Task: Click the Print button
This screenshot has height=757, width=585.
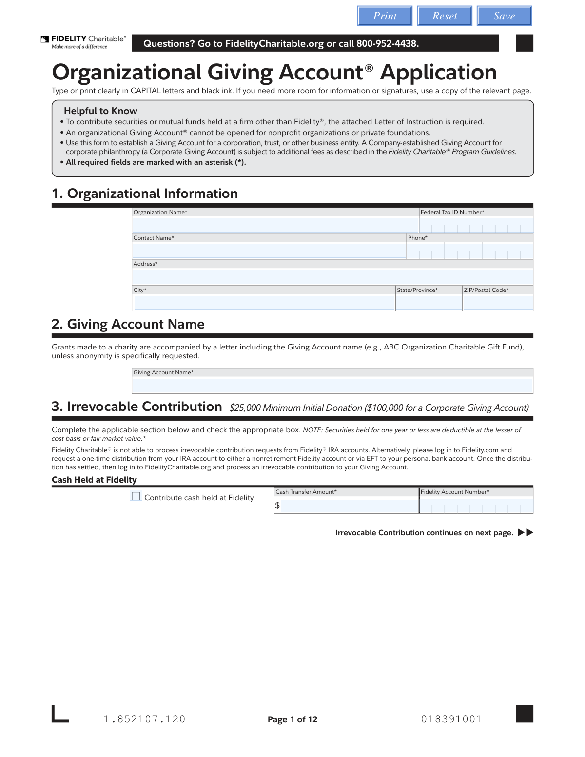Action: coord(385,16)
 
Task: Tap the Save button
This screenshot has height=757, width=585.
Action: coord(504,16)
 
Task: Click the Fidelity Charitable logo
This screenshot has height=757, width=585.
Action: coord(83,42)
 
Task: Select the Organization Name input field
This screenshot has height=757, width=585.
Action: coord(275,225)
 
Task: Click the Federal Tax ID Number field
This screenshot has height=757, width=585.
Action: coord(476,225)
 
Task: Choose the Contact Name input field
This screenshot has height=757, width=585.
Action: coord(269,251)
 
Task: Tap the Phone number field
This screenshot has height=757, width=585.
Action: coord(469,251)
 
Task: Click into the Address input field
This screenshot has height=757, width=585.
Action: coord(332,277)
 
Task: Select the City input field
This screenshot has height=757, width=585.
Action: coord(264,303)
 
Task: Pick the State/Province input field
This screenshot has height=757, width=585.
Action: coord(429,303)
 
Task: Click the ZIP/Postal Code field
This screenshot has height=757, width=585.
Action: coord(497,303)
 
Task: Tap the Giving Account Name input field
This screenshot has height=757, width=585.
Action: coord(332,386)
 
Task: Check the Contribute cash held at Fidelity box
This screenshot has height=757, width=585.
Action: coord(136,496)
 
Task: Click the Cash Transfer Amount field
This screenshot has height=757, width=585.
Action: coord(349,506)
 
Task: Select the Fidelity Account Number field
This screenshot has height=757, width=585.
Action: coord(476,506)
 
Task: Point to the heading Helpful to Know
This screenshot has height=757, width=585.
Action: coord(100,111)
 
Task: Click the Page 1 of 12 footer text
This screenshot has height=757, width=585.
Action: coord(292,719)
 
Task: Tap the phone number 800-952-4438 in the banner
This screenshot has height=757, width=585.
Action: coord(388,43)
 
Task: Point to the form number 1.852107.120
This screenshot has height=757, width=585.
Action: coord(144,719)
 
